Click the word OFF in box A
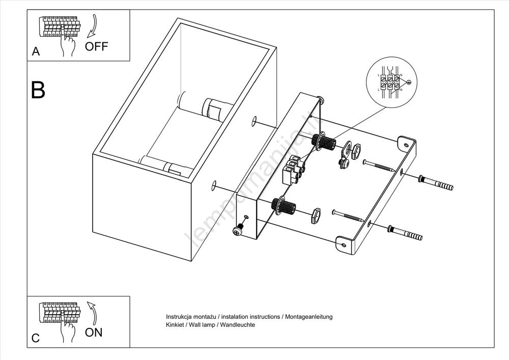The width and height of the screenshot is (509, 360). [x=97, y=46]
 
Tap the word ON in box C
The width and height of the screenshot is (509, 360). [x=94, y=333]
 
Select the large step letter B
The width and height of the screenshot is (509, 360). [x=38, y=90]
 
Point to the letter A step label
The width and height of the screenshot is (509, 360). [x=36, y=51]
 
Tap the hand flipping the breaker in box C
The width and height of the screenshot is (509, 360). [x=67, y=331]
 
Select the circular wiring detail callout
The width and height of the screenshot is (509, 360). [x=391, y=81]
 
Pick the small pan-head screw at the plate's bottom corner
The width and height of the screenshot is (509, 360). [x=237, y=231]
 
